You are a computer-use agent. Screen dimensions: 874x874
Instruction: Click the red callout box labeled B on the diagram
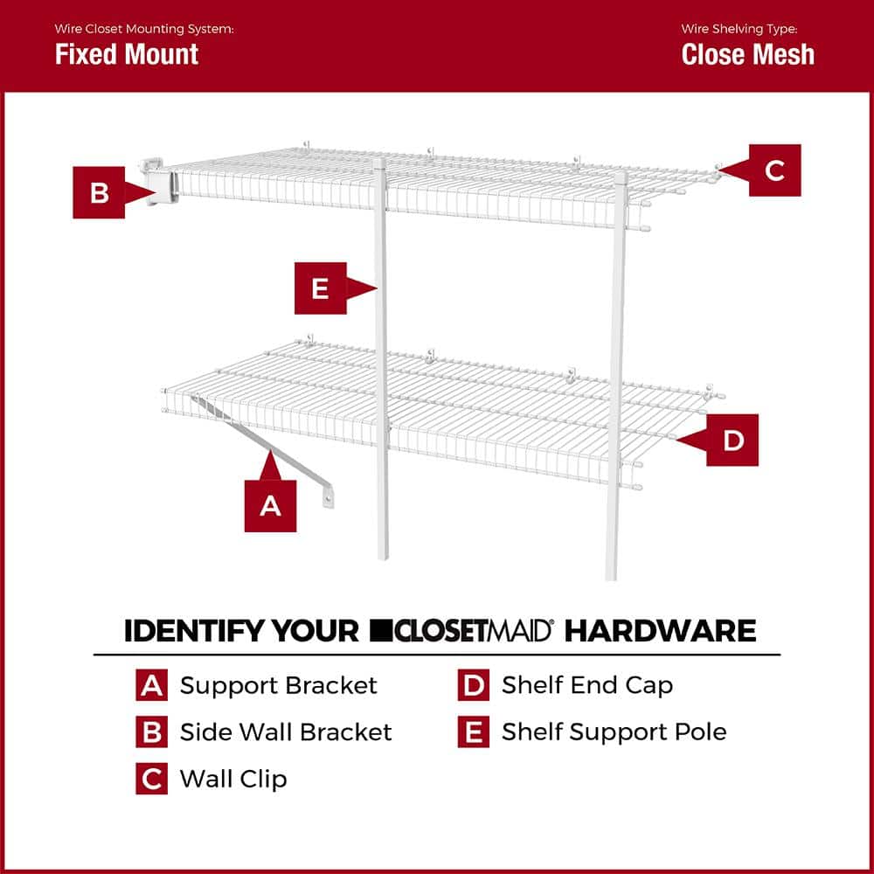click(x=99, y=191)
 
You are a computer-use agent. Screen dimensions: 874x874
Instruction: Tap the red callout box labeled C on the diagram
click(x=774, y=170)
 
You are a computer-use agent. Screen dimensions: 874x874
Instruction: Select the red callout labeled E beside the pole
click(x=320, y=288)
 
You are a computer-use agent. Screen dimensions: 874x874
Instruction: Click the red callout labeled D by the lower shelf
click(x=732, y=440)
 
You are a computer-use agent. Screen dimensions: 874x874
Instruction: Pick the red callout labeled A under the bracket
click(x=270, y=504)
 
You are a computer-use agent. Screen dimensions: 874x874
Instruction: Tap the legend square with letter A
click(x=152, y=685)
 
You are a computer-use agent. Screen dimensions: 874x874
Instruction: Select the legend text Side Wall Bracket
click(x=286, y=732)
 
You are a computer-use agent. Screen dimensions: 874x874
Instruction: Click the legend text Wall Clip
click(x=233, y=778)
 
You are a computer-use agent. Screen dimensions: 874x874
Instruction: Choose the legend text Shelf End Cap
click(x=586, y=685)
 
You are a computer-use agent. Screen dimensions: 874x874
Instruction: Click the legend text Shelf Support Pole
click(x=614, y=732)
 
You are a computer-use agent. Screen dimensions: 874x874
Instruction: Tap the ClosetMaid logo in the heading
click(x=461, y=630)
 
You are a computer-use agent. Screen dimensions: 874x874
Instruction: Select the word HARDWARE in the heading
click(x=660, y=630)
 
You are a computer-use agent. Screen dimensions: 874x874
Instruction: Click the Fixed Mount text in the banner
click(x=127, y=54)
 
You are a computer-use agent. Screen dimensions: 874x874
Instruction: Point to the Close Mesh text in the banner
click(x=747, y=54)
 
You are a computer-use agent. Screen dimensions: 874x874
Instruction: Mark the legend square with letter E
click(x=473, y=732)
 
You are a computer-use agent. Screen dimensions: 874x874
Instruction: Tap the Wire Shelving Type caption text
click(x=739, y=29)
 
